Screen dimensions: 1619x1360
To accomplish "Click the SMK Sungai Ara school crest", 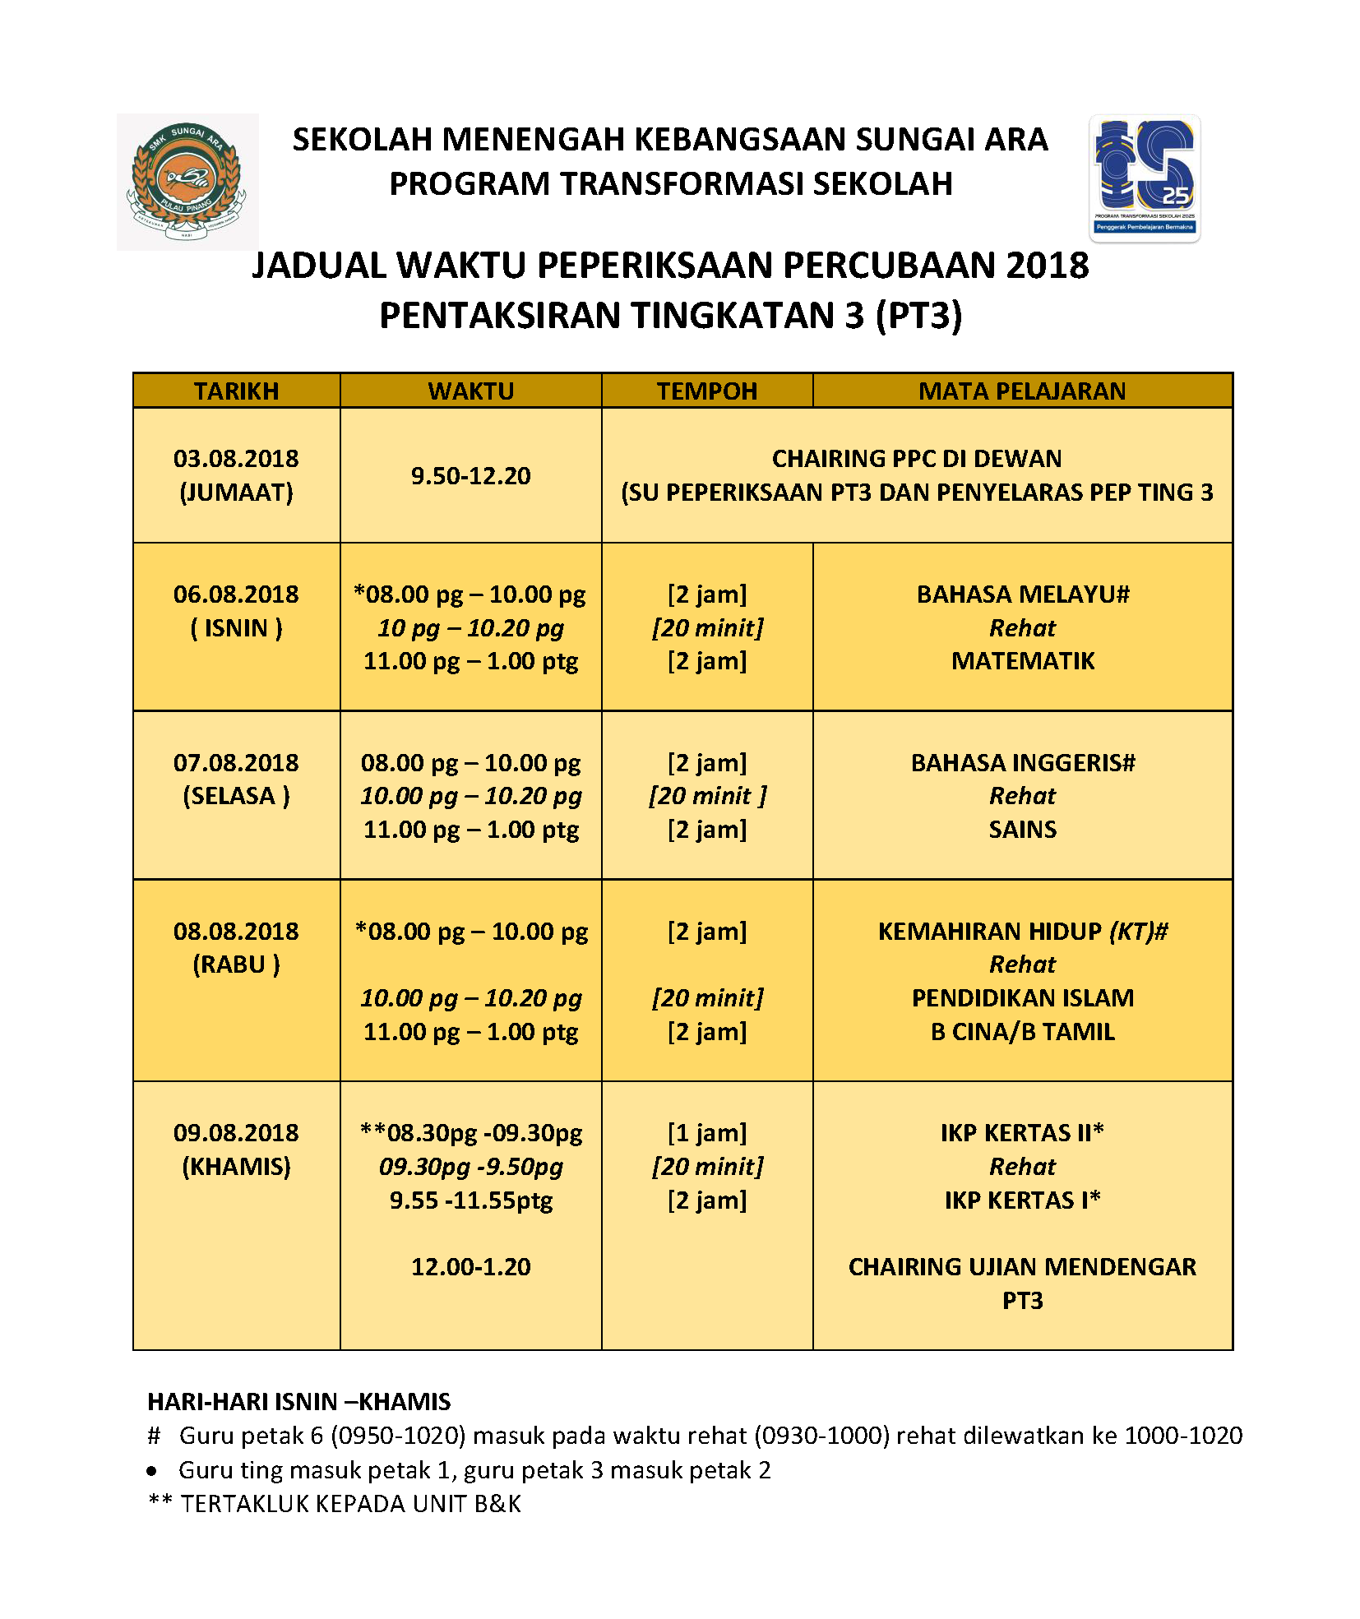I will (x=187, y=182).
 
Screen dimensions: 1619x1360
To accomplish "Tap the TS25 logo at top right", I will (x=1144, y=178).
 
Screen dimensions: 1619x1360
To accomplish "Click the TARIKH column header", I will (x=236, y=391).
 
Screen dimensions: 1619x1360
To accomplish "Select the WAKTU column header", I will (x=470, y=391).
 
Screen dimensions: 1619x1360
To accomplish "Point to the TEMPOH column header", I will (x=706, y=391).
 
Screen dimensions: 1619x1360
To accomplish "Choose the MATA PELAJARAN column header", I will (x=1022, y=391).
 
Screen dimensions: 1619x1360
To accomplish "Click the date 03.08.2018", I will (x=236, y=458).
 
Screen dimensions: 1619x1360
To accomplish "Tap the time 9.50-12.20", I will (x=470, y=475).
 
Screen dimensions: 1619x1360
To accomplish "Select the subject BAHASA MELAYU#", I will (x=1023, y=594).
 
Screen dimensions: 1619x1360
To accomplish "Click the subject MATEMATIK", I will (x=1023, y=661).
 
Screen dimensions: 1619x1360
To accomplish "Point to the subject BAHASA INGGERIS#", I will (x=1023, y=762).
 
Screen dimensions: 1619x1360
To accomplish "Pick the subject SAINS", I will (x=1023, y=830).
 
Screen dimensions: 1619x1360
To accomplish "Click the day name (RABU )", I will (x=236, y=964).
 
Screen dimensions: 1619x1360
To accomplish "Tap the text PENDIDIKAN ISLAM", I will (x=1023, y=998).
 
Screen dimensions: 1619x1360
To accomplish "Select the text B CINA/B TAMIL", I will (x=1023, y=1032).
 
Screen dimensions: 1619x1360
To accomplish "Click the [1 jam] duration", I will (x=707, y=1133).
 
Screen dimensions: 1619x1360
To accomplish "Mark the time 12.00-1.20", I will (x=470, y=1267).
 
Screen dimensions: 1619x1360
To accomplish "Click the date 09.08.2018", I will (x=236, y=1133).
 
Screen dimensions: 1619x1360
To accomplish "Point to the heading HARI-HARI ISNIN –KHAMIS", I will (x=299, y=1401).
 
